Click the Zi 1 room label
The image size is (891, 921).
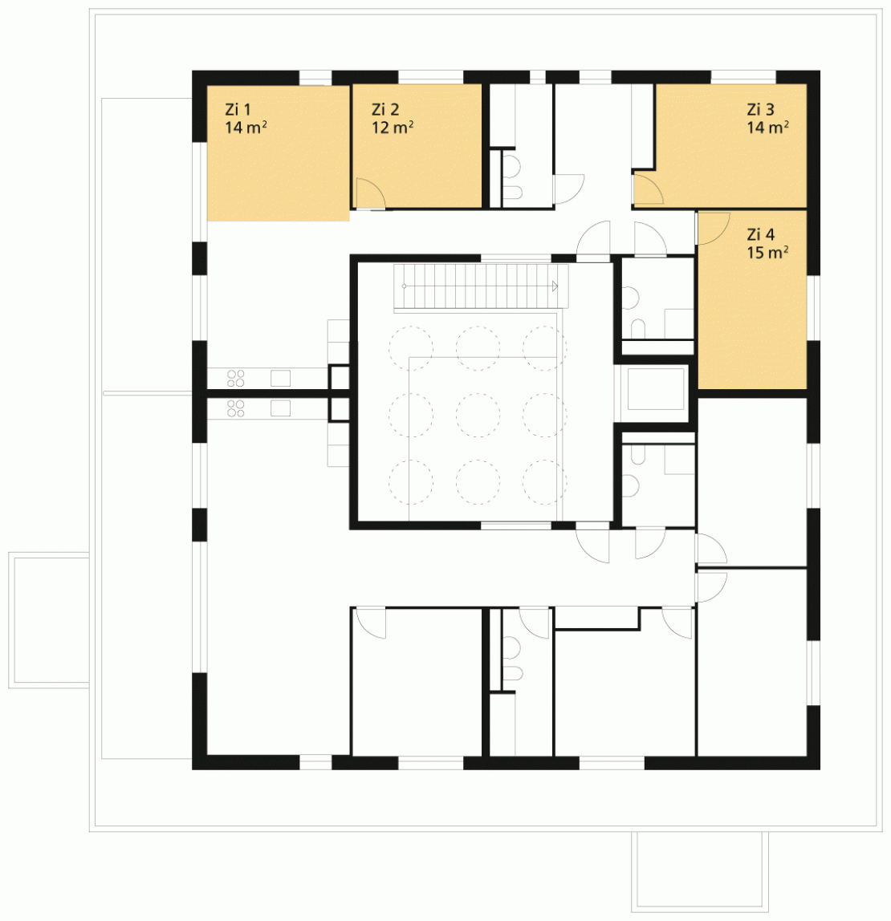click(x=238, y=109)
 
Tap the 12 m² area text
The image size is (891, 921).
click(x=392, y=128)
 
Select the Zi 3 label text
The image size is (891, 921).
click(x=760, y=109)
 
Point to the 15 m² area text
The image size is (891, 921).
click(x=767, y=253)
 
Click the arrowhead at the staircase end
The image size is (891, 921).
click(x=554, y=286)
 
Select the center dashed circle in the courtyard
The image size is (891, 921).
click(x=478, y=416)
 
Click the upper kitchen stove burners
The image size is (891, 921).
click(x=236, y=379)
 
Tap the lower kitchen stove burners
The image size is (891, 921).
click(x=236, y=408)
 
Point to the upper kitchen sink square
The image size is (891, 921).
click(x=280, y=378)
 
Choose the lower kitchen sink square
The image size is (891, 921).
click(x=280, y=408)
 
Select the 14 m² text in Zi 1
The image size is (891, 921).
click(x=246, y=128)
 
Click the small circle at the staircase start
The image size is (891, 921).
click(x=404, y=286)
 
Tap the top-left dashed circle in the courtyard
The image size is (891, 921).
click(x=411, y=348)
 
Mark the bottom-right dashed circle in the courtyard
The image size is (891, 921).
click(x=545, y=482)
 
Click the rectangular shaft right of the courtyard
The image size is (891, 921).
click(x=656, y=388)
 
